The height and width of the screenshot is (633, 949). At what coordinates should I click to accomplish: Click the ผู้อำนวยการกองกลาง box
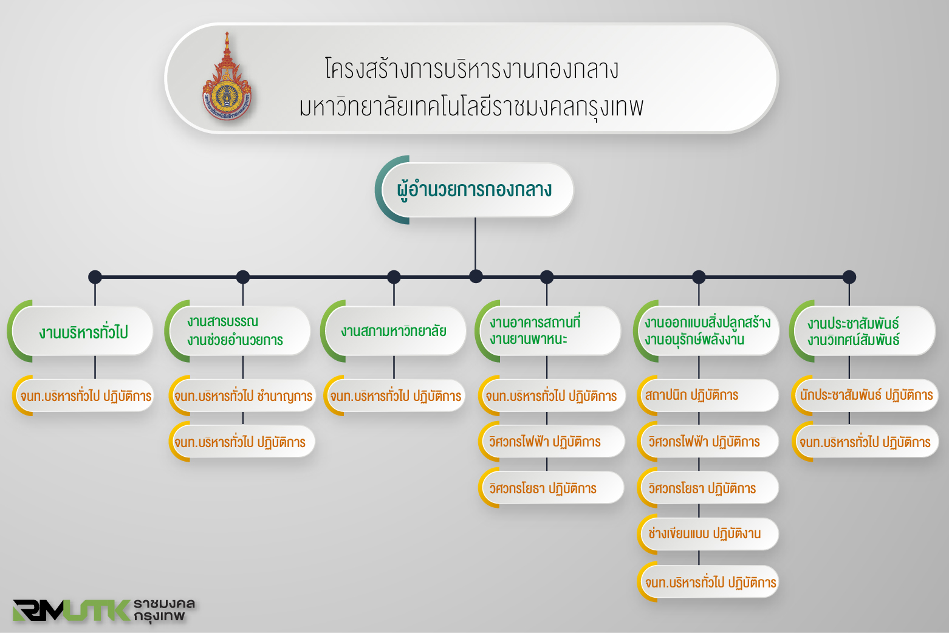[x=474, y=190]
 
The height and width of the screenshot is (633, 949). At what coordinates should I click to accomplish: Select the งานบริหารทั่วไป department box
[x=80, y=331]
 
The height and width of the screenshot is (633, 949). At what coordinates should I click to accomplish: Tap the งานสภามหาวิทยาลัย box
[x=394, y=331]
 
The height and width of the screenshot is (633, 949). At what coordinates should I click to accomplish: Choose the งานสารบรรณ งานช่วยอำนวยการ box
[x=237, y=331]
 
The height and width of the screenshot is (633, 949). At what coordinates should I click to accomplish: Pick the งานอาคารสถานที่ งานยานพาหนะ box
[x=548, y=331]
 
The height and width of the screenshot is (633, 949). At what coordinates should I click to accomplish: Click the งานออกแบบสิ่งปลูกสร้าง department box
[x=706, y=331]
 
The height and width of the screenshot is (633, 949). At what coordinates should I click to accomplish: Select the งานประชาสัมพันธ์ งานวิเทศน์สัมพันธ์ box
[x=863, y=331]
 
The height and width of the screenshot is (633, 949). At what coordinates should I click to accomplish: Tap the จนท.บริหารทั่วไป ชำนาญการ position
[x=242, y=395]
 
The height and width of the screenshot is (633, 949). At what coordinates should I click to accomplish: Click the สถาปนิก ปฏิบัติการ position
[x=708, y=395]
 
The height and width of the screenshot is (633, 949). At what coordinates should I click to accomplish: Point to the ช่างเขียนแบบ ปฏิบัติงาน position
[x=708, y=534]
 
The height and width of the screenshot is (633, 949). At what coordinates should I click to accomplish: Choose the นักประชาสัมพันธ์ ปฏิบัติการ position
[x=865, y=395]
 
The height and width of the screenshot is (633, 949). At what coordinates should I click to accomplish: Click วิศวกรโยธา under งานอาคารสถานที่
[x=551, y=488]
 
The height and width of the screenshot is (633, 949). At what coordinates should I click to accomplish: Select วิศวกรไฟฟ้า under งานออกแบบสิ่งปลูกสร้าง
[x=708, y=442]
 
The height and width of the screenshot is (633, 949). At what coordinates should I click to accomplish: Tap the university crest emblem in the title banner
[x=227, y=77]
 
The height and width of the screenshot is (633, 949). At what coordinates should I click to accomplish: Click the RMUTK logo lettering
[x=71, y=610]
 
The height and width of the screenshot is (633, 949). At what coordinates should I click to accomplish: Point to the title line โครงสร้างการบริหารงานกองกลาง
[x=471, y=69]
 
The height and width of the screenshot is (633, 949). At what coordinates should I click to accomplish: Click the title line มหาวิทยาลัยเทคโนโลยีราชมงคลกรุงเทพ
[x=471, y=107]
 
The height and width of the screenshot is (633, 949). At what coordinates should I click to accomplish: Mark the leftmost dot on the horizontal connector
[x=95, y=277]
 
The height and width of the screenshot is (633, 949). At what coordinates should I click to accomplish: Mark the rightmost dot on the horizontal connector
[x=849, y=277]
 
